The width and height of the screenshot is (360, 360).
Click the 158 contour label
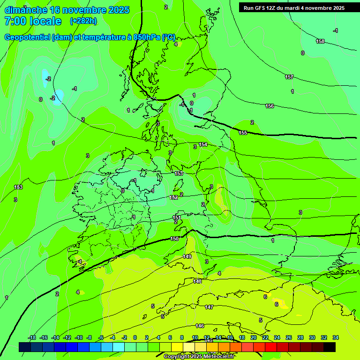coord(320,41)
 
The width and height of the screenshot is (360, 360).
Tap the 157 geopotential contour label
coord(289,77)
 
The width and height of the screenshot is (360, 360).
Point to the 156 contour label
coord(270,106)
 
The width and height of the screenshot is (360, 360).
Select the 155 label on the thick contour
coord(243,133)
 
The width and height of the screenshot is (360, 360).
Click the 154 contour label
coord(203,144)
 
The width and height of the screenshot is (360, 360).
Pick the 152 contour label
coord(173,197)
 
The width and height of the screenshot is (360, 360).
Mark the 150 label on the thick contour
coord(174,239)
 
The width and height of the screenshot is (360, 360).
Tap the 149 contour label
coord(187,256)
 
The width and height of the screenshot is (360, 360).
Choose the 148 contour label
coord(197,281)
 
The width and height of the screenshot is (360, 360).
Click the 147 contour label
coord(209,307)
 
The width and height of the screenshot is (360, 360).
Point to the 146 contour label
coord(200,326)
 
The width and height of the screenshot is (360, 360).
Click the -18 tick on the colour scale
coord(32,337)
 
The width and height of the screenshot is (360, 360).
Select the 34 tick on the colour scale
coord(336,337)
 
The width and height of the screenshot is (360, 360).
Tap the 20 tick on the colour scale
coord(253,337)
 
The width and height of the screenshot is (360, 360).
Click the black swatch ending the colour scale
coord(330,347)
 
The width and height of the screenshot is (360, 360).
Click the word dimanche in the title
coord(26,10)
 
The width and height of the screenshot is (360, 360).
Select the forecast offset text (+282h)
coord(83,21)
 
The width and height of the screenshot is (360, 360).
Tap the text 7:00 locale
coord(33,21)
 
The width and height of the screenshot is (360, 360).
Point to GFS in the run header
coord(263,8)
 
